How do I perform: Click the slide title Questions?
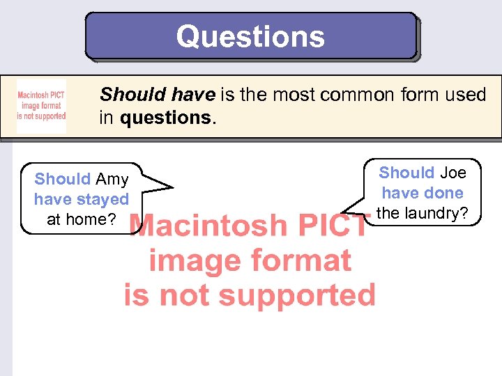(x=250, y=36)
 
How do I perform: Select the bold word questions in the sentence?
(x=165, y=118)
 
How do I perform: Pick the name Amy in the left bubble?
(x=112, y=180)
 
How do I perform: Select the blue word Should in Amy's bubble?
(x=63, y=180)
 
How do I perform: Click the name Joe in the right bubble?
(x=452, y=173)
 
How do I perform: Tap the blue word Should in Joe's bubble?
(x=406, y=173)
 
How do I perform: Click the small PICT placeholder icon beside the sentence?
(x=41, y=107)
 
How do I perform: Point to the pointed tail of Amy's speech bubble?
(x=169, y=187)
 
